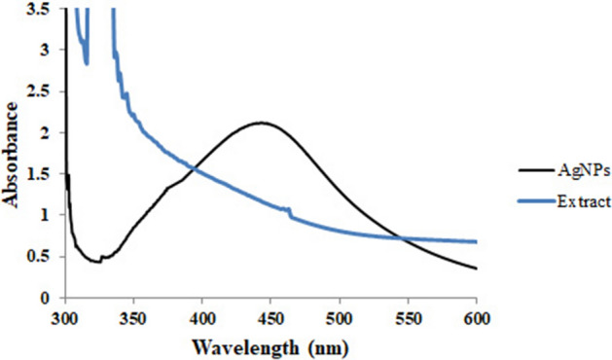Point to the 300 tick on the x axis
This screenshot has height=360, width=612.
pos(64,318)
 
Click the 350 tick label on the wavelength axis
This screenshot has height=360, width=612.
pos(133,318)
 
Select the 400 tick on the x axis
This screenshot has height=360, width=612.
pos(201,318)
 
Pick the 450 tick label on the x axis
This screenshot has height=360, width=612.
pos(270,318)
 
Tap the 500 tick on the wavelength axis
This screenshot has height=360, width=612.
pos(340,318)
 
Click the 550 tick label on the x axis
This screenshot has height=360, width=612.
pos(408,318)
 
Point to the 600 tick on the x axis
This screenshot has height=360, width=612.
pos(477,318)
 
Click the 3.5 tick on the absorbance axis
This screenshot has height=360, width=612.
pos(45,9)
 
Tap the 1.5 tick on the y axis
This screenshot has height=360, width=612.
pos(45,173)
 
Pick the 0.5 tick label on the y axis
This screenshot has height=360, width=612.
pos(45,256)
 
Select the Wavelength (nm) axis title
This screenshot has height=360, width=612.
pos(270,344)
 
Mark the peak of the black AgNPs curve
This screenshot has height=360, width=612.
pos(261,123)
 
